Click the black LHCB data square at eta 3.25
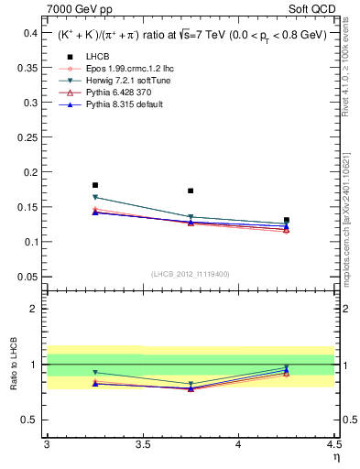94,185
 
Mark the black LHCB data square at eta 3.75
191,191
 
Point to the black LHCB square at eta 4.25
287,220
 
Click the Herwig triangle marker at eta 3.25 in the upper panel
94,197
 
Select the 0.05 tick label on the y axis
29,277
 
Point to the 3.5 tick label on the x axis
142,445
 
